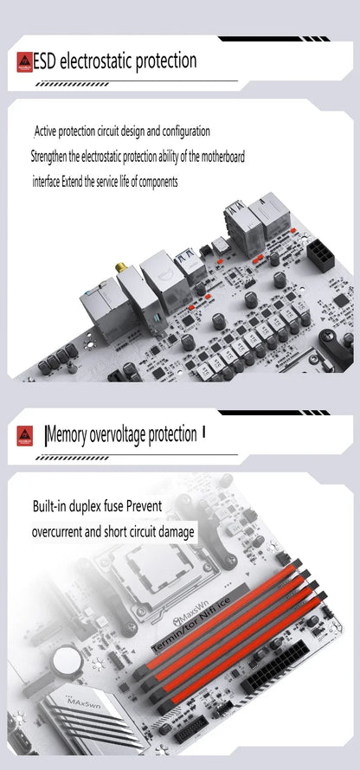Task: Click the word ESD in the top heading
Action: point(46,62)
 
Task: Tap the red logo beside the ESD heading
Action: point(24,62)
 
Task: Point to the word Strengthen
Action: point(49,157)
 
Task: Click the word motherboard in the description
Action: point(223,157)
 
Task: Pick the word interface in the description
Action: point(46,182)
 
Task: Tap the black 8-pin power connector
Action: point(321,254)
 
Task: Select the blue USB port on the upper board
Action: point(189,257)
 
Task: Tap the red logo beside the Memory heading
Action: point(24,435)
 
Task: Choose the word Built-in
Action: point(49,506)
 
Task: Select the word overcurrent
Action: point(57,532)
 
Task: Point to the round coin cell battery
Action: point(68,659)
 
